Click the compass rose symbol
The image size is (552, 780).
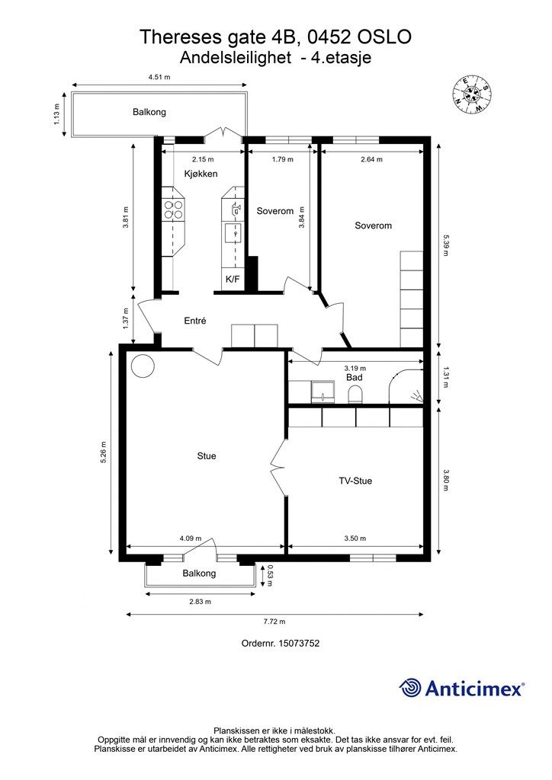point(471,94)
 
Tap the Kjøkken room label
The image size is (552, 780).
point(201,174)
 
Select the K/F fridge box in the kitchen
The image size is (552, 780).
point(233,279)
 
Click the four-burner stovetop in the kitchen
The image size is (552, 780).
point(173,209)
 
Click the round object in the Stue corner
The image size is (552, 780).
point(143,366)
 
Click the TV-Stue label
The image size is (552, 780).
point(355,481)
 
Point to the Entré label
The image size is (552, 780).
point(195,321)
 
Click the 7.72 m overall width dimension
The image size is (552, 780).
point(275,622)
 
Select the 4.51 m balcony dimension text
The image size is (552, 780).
point(159,77)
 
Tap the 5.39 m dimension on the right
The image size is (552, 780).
point(445,245)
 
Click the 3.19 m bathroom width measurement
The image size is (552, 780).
point(355,369)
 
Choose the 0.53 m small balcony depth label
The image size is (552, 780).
point(270,575)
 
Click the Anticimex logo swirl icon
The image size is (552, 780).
point(410,688)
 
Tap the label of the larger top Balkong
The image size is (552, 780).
point(149,112)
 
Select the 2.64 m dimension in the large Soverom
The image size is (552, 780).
point(371,160)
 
